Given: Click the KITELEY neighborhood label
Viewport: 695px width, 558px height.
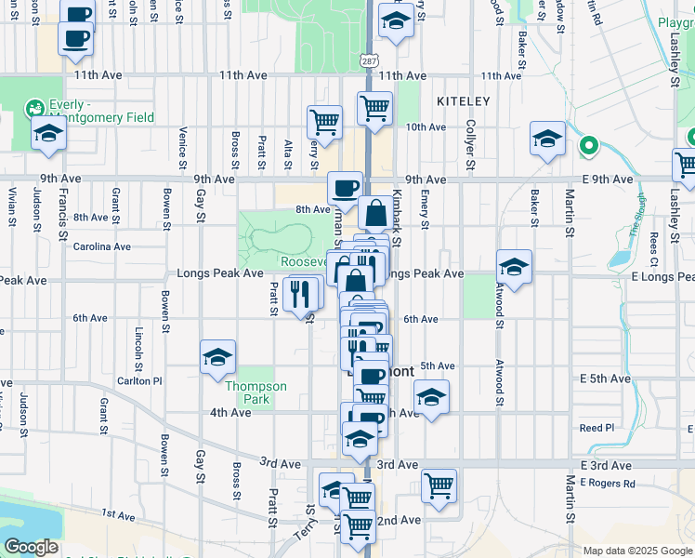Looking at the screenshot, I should tap(462, 100).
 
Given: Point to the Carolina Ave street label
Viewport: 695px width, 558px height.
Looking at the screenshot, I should tap(102, 246).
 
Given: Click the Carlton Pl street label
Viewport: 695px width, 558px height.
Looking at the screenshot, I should tap(139, 381).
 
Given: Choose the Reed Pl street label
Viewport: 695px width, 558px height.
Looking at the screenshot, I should tap(597, 428).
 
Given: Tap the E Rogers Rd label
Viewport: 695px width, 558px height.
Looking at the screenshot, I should tap(608, 483).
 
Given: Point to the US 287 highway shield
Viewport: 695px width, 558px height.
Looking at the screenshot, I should tap(370, 60).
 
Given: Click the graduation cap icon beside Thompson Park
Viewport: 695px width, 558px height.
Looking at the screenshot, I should tap(218, 356).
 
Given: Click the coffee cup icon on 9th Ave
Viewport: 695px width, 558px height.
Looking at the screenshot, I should tap(345, 187).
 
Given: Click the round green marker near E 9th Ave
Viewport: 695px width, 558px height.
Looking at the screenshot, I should tap(587, 146).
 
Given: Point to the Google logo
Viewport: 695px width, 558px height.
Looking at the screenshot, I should tap(32, 548).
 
